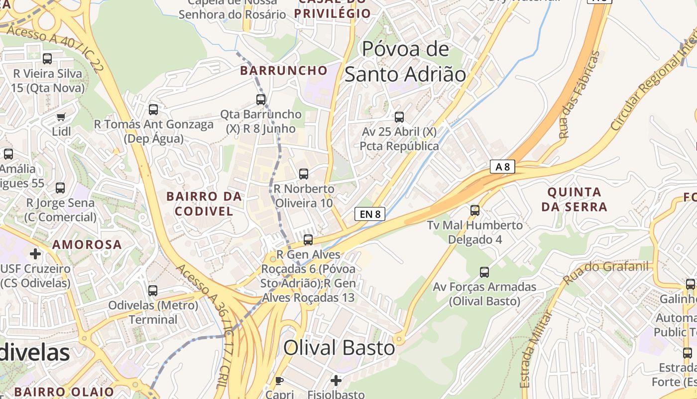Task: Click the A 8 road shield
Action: pyautogui.click(x=502, y=167)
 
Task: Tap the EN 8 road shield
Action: pyautogui.click(x=370, y=214)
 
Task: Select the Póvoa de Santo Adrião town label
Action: pyautogui.click(x=405, y=62)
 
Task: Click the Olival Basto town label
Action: pyautogui.click(x=339, y=348)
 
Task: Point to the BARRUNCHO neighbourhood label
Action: pyautogui.click(x=284, y=70)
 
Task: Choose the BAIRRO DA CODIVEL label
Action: pyautogui.click(x=204, y=203)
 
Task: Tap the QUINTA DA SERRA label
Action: pyautogui.click(x=574, y=199)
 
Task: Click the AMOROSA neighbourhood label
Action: pyautogui.click(x=87, y=244)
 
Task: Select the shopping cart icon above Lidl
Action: pyautogui.click(x=61, y=117)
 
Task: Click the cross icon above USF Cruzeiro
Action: pyautogui.click(x=35, y=254)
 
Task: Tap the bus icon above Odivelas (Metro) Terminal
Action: pyautogui.click(x=153, y=290)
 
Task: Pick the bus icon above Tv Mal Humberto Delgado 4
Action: pyautogui.click(x=475, y=210)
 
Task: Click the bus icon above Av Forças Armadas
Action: pyautogui.click(x=484, y=272)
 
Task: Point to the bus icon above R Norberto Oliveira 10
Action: pyautogui.click(x=304, y=174)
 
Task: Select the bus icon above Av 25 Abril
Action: pyautogui.click(x=399, y=117)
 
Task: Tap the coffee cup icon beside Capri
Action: pyautogui.click(x=279, y=381)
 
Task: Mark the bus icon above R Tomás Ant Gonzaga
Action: pyautogui.click(x=153, y=110)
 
